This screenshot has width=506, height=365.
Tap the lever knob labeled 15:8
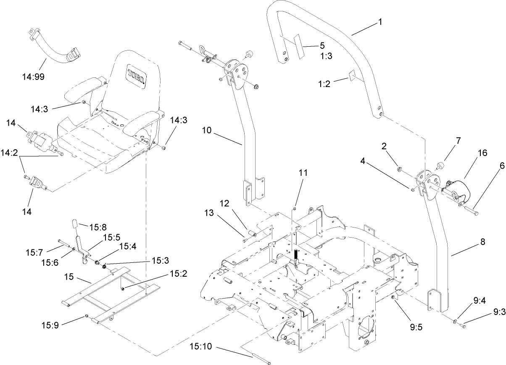(x=74, y=223)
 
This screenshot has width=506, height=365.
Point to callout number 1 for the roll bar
(x=380, y=22)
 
